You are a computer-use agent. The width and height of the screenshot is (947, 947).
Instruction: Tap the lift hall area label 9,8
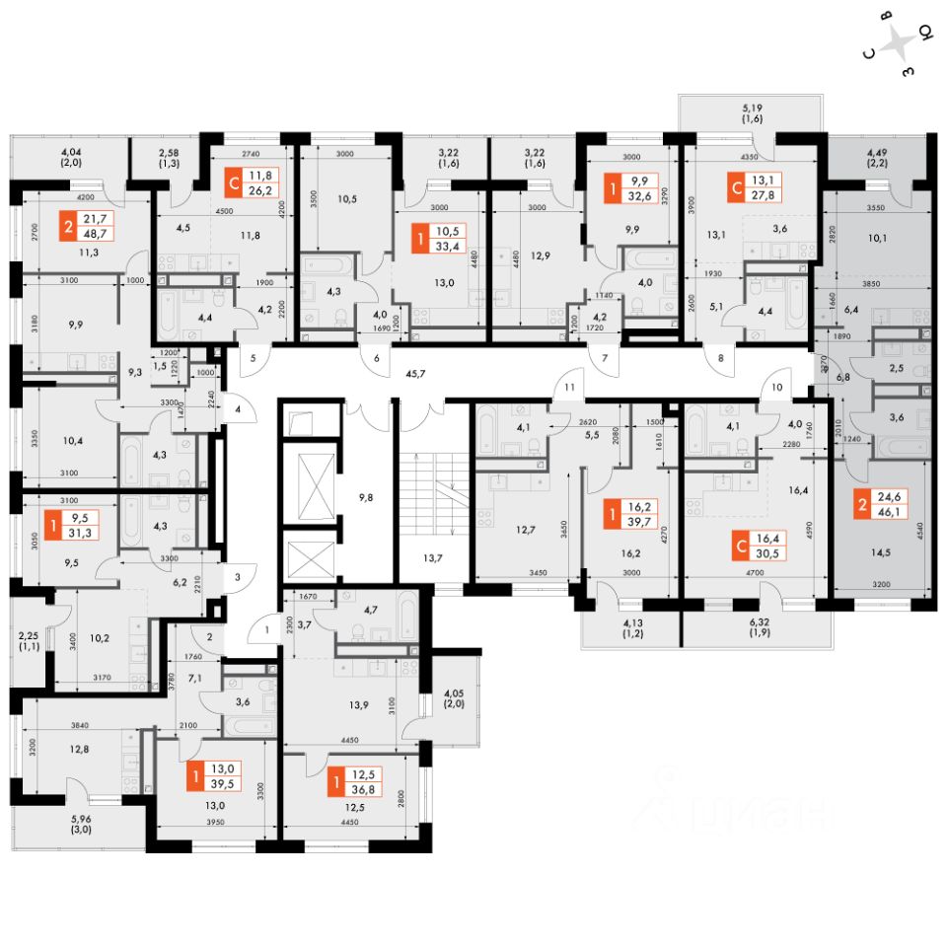point(365,497)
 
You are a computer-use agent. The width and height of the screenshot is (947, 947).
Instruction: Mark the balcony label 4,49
point(877,158)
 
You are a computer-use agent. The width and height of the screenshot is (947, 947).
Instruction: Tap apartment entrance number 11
point(569,389)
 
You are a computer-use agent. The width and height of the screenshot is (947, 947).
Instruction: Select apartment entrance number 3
point(238,575)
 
